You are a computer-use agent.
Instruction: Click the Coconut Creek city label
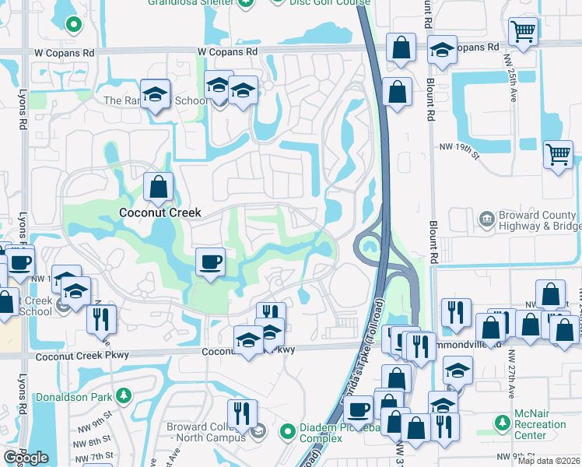click(x=160, y=212)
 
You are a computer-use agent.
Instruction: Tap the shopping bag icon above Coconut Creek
click(x=159, y=188)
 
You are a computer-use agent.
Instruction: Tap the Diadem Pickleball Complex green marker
click(x=287, y=430)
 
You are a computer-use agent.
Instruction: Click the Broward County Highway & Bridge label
click(x=537, y=221)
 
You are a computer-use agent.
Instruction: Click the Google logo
click(x=26, y=458)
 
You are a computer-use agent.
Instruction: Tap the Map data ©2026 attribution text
click(x=549, y=461)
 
